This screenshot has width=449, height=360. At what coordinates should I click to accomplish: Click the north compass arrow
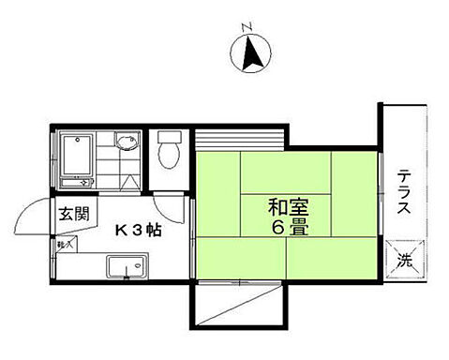[x=252, y=53]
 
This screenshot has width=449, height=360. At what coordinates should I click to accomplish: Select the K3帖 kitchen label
[x=138, y=230]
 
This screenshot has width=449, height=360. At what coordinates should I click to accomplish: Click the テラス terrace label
[x=403, y=192]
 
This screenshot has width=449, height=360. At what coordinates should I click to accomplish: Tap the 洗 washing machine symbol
[x=404, y=259]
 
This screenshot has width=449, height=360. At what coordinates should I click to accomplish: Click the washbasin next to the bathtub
[x=126, y=143]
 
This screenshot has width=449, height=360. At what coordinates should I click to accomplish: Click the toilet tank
[x=169, y=138]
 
